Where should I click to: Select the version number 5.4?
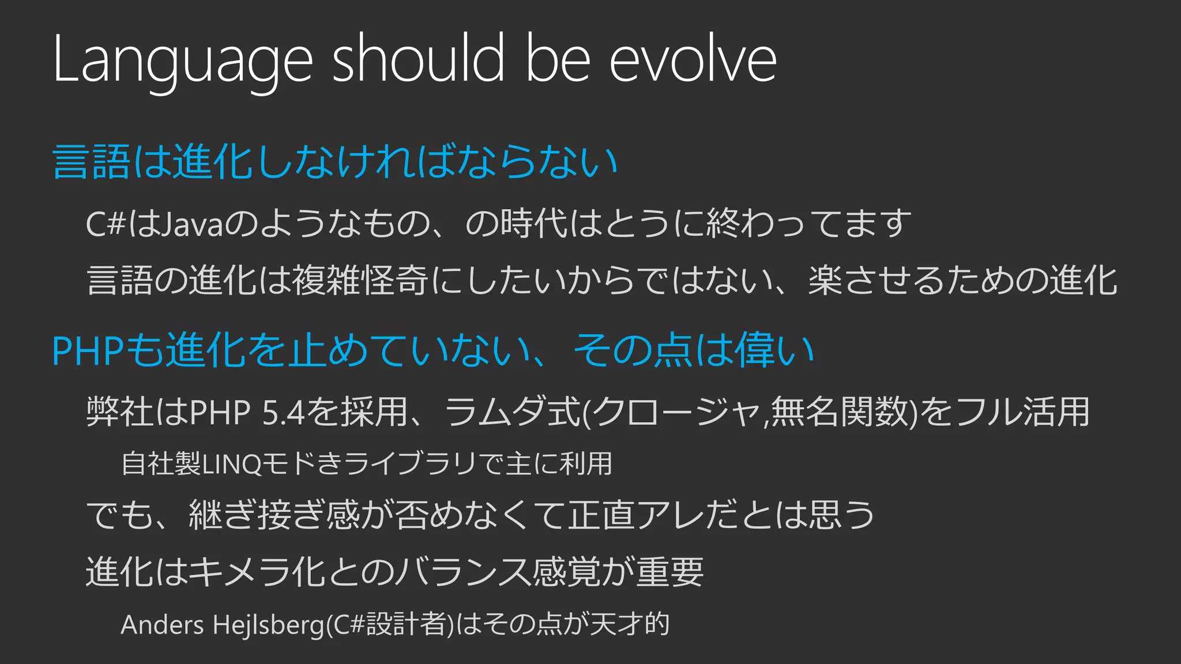pos(283,412)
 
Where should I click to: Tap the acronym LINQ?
pos(232,464)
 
